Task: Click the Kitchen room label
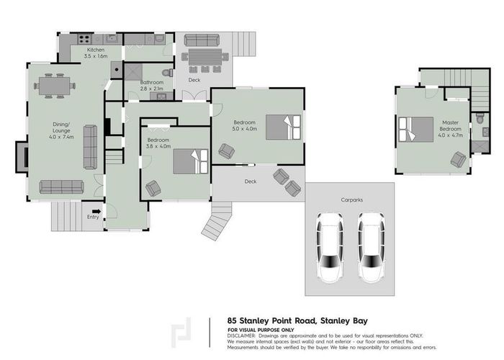coord(96,50)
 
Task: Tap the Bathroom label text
coord(152,83)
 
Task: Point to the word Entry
coord(94,216)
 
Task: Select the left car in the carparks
coord(331,248)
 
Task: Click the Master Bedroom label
coord(450,127)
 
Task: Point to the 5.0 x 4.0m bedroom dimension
coord(245,130)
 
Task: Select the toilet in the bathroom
coord(167,73)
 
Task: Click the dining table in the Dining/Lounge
coord(54,86)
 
